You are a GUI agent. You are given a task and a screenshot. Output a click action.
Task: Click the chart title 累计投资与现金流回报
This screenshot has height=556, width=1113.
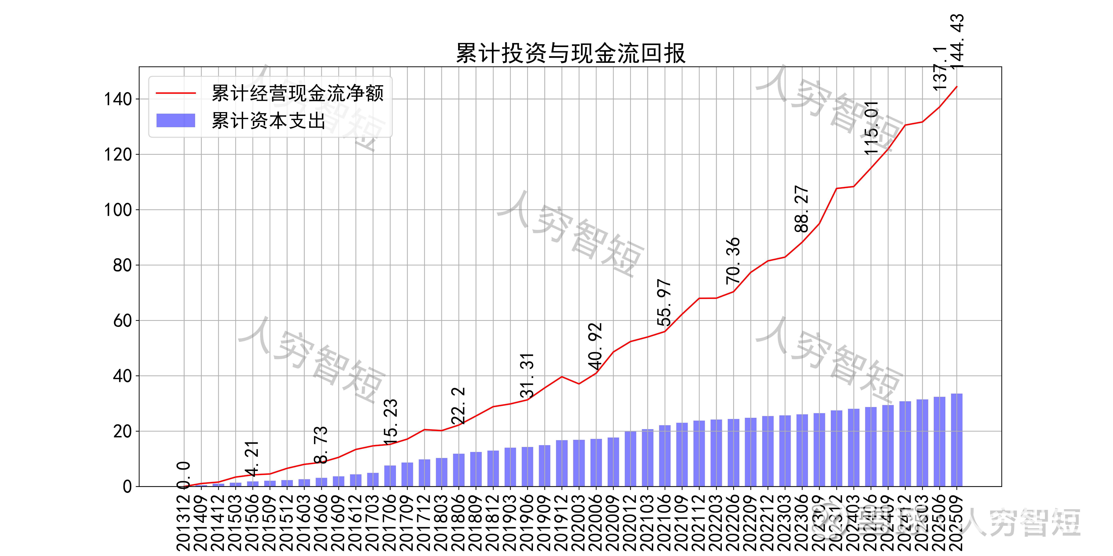coord(570,54)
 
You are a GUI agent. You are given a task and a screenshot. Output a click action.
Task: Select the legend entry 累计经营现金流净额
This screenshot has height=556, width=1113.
coord(297,93)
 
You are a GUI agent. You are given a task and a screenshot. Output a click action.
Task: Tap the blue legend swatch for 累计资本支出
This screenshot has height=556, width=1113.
coord(175,120)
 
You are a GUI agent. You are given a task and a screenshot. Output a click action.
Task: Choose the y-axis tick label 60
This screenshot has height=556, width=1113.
coord(122,321)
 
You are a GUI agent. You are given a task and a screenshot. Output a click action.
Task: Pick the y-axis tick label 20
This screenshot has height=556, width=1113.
coord(122,431)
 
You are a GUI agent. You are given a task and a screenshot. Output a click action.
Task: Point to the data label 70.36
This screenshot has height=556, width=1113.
coord(733,261)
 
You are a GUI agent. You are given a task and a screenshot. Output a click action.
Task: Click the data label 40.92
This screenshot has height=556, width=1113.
coord(595,346)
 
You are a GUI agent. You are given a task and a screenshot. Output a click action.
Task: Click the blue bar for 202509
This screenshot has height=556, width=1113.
coord(957,440)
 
